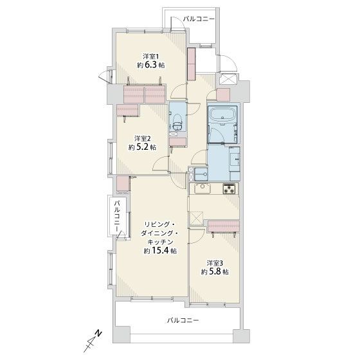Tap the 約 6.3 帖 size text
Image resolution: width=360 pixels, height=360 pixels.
[151, 65]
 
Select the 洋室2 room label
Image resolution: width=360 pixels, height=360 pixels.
[143, 138]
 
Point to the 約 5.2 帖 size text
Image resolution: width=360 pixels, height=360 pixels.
[142, 147]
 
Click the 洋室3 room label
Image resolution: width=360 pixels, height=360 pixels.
[215, 263]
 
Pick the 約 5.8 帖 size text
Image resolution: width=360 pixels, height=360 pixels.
[215, 272]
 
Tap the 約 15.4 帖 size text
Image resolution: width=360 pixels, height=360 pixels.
[160, 251]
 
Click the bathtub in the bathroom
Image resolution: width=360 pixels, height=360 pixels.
[222, 116]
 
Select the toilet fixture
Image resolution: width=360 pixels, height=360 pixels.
[177, 122]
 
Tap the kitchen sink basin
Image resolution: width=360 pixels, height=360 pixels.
[203, 188]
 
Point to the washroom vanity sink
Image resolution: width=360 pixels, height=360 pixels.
[235, 158]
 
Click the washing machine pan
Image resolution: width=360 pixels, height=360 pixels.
[201, 174]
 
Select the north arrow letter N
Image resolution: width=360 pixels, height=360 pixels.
[99, 334]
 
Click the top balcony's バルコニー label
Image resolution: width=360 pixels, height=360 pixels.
[199, 19]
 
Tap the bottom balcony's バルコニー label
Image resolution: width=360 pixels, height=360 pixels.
[183, 320]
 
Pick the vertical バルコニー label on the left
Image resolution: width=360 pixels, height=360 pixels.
[118, 216]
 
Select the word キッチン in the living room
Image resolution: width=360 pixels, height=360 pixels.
[160, 242]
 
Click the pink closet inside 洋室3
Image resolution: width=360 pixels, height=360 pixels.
[224, 226]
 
